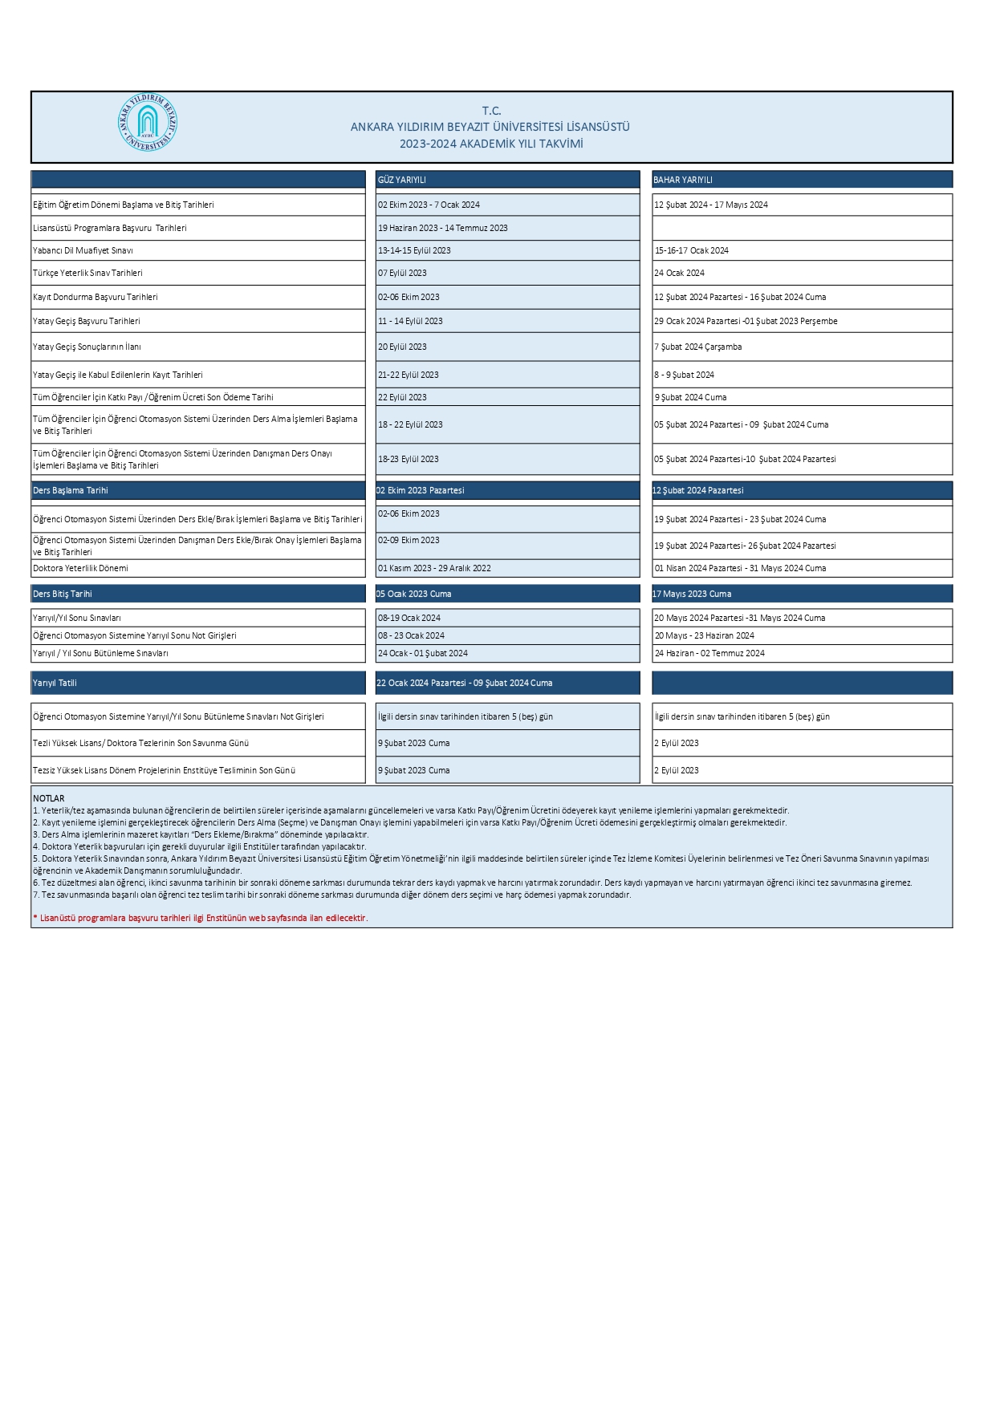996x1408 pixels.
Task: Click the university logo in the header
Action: point(147,124)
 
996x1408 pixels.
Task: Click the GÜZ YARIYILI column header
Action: point(402,180)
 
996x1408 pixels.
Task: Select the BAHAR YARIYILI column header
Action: point(683,180)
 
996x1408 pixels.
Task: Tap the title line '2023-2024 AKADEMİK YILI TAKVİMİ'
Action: point(491,144)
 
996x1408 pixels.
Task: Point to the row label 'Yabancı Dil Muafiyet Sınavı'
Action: point(83,250)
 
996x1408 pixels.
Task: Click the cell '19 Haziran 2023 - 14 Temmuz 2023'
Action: point(443,228)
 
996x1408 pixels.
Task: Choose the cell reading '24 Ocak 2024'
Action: point(680,273)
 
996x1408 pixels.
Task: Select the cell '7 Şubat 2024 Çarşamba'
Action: point(698,347)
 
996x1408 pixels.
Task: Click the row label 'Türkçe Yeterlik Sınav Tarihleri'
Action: point(87,273)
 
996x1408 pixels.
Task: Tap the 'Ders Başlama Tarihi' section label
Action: point(71,490)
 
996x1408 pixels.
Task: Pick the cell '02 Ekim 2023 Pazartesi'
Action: point(421,490)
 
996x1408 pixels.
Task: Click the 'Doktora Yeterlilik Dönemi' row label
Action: point(80,568)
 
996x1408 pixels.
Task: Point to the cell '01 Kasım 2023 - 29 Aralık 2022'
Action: point(434,568)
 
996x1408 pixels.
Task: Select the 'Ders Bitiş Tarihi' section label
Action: point(63,594)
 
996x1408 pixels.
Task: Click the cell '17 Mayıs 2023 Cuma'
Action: point(692,594)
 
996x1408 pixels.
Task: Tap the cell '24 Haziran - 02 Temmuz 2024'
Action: point(709,653)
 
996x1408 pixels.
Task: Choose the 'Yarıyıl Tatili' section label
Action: point(55,683)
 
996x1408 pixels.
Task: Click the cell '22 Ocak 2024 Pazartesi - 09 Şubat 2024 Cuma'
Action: point(465,683)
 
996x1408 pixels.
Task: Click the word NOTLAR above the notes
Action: point(49,798)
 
